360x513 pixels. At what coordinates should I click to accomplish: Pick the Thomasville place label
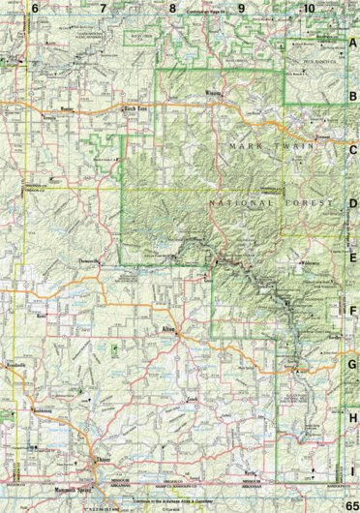coord(114,261)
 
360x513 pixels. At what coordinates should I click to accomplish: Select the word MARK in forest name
coord(245,145)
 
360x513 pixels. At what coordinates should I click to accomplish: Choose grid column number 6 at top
coord(35,8)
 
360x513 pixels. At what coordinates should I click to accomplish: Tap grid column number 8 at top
coord(172,8)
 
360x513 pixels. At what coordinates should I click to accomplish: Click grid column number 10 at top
coord(308,8)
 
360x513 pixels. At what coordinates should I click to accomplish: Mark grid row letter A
coord(352,43)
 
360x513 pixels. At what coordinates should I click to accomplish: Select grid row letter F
coord(352,311)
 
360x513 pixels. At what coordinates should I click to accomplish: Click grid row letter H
coord(352,417)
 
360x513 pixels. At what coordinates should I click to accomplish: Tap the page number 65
coord(349,505)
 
